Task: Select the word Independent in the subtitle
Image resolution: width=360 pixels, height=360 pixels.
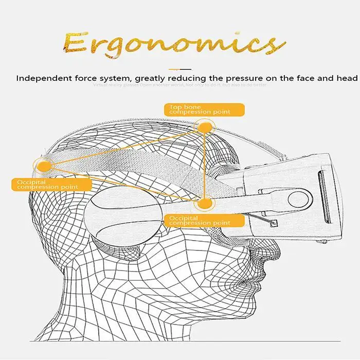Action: [x=42, y=79]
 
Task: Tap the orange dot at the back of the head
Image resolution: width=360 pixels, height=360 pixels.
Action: [x=45, y=166]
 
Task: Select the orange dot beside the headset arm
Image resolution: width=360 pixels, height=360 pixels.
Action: [x=205, y=204]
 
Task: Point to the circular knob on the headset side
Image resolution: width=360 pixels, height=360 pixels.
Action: [x=297, y=199]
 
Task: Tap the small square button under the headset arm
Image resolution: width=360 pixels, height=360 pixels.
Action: [x=274, y=224]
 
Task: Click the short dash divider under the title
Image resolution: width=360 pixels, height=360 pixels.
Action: [x=179, y=68]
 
